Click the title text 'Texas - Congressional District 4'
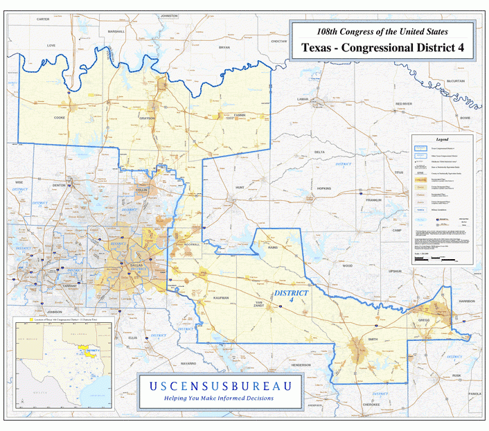(382, 49)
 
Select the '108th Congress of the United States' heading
(382, 32)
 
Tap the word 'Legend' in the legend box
(441, 140)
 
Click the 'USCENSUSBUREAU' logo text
(219, 386)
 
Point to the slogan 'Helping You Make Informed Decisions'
(219, 398)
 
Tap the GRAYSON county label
(148, 118)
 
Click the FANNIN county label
(240, 115)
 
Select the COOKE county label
(60, 118)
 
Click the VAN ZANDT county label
(258, 304)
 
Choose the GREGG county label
(423, 320)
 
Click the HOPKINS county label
(323, 188)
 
